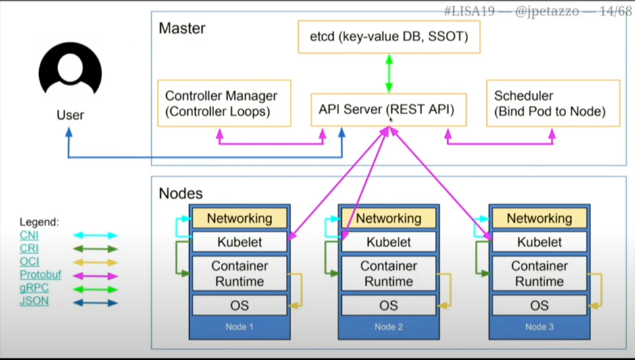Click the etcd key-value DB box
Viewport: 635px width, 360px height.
point(388,36)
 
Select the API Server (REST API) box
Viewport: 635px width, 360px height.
point(388,109)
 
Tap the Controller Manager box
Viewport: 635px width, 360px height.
point(224,103)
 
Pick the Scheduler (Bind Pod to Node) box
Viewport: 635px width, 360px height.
point(553,103)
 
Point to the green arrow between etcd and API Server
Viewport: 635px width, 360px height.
point(389,73)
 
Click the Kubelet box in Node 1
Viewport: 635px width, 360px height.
point(239,242)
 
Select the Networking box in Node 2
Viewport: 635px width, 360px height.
point(388,218)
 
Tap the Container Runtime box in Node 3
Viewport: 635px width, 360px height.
point(539,274)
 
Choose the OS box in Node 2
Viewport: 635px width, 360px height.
point(388,305)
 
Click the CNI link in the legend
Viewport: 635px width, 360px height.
point(29,235)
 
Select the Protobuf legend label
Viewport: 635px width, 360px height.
point(41,275)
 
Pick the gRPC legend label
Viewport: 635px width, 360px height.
point(34,288)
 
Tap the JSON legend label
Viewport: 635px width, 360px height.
point(34,301)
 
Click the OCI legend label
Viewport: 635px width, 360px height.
point(29,261)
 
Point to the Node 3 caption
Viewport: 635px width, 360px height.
point(539,327)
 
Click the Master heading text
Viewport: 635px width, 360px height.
point(182,29)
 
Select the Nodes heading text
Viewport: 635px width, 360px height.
point(180,193)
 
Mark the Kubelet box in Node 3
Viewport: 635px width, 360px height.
point(539,242)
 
